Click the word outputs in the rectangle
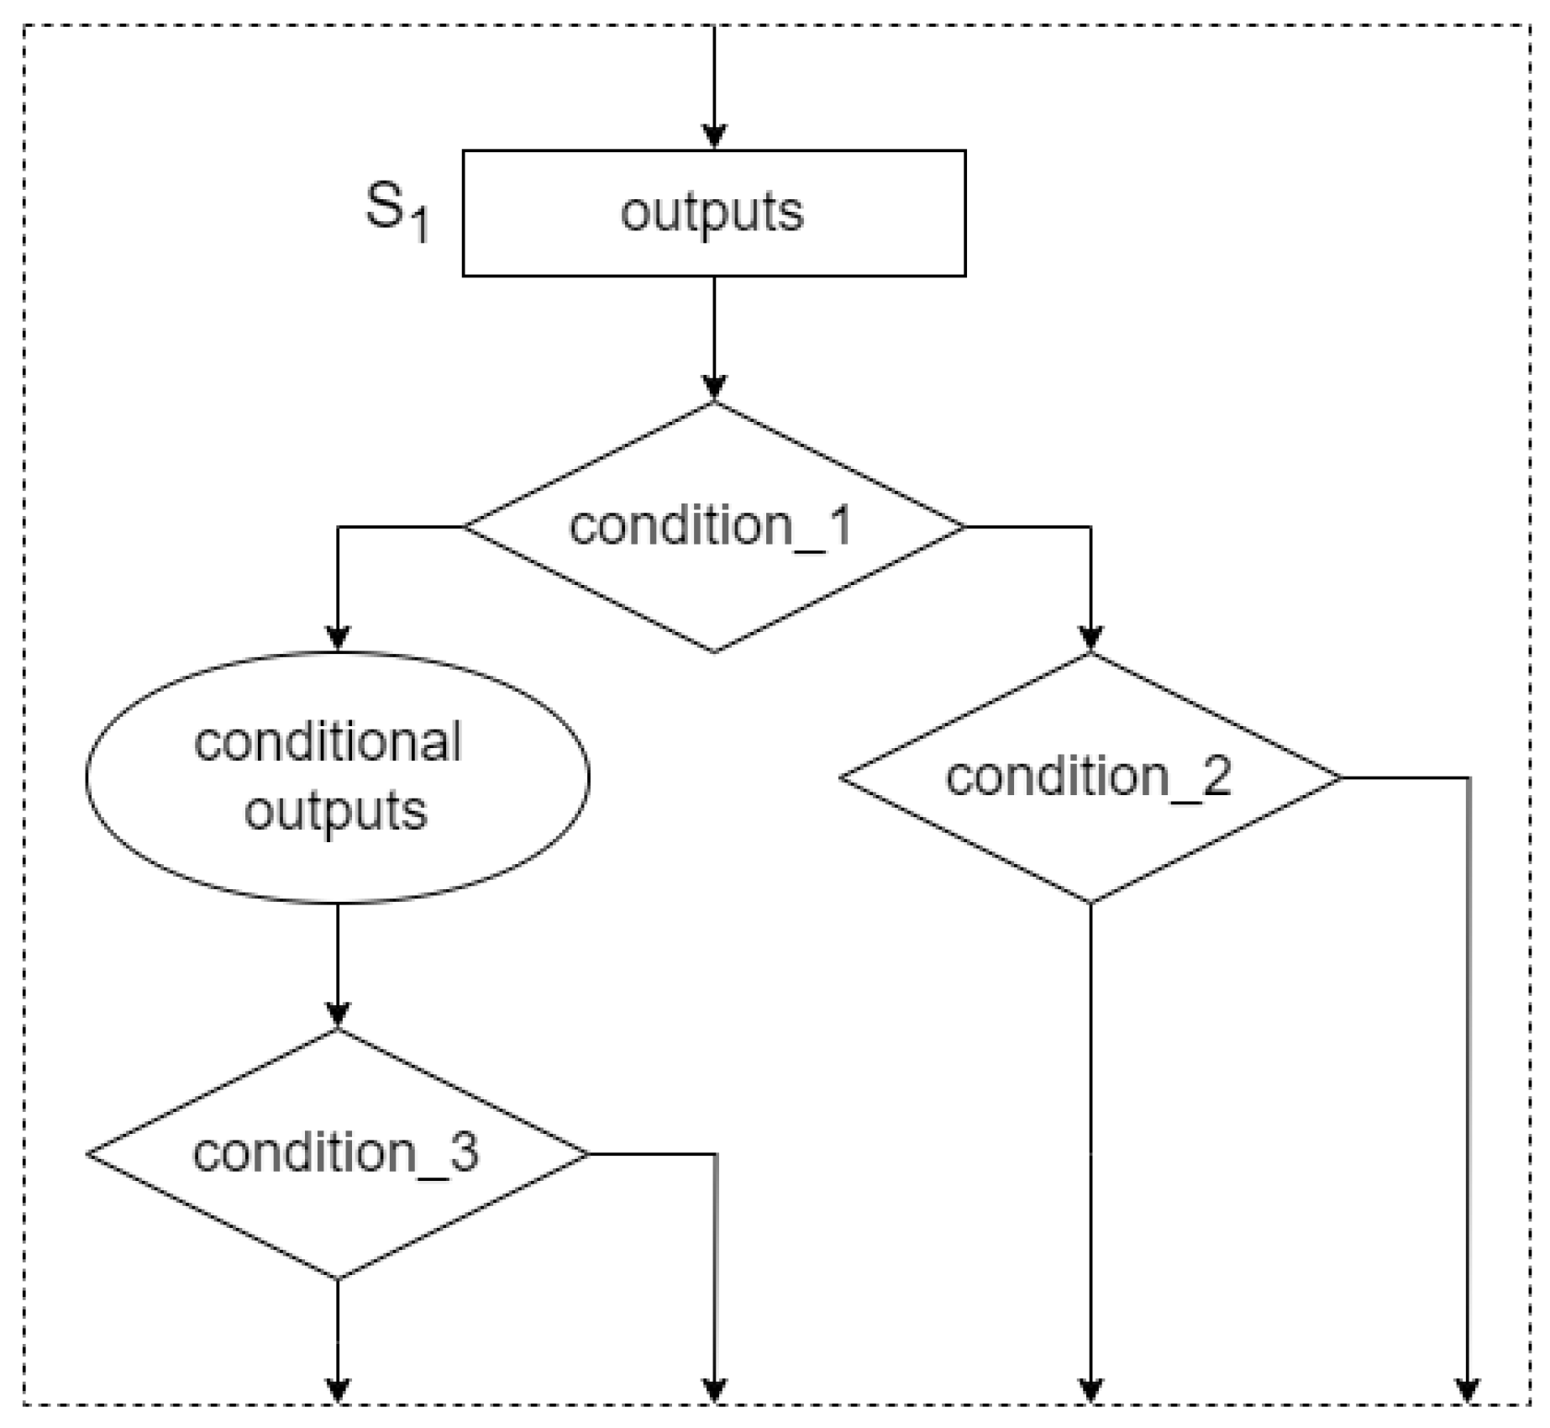click(712, 213)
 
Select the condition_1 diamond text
click(711, 526)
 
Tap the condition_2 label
click(1088, 776)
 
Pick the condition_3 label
click(335, 1152)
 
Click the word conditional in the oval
click(328, 741)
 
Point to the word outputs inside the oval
click(335, 811)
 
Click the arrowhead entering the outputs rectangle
click(714, 138)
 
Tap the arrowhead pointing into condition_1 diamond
click(714, 389)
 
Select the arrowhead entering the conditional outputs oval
click(338, 640)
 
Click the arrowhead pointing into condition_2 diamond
click(1090, 640)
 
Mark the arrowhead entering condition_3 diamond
click(338, 1016)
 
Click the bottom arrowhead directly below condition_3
click(338, 1391)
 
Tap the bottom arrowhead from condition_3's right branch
click(714, 1391)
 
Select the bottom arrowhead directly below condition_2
click(1090, 1391)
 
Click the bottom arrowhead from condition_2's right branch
click(1468, 1391)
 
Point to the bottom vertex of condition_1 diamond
click(714, 651)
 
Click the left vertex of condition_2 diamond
click(842, 777)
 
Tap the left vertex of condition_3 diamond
click(88, 1154)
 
